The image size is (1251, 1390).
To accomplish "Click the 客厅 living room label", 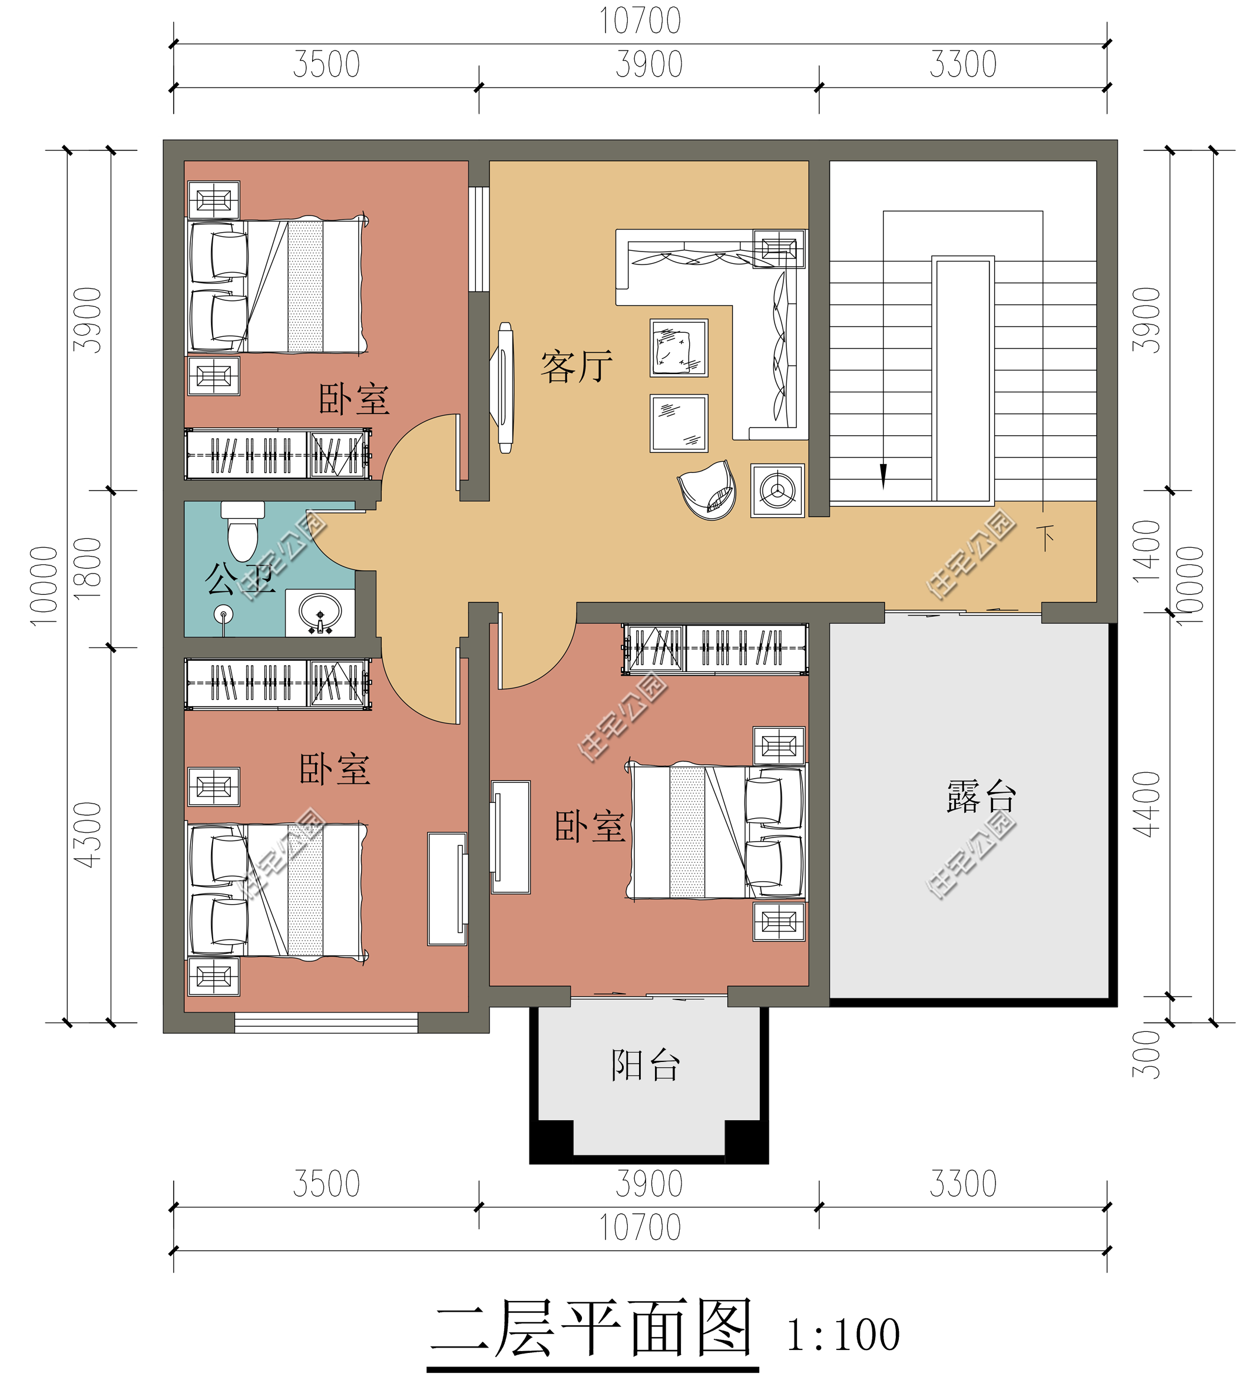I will pos(576,366).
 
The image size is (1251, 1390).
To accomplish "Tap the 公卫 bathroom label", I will pos(240,579).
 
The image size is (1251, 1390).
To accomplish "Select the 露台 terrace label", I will pos(981,797).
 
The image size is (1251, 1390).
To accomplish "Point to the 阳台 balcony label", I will pos(646,1065).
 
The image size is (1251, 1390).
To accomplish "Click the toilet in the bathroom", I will pos(242,531).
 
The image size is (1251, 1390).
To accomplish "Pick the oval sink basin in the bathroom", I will pos(320,610).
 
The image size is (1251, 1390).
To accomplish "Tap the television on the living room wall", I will pos(505,388).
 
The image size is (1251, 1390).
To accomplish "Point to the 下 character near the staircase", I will pos(1046,538).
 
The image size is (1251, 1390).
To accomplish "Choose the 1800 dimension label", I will pos(88,569).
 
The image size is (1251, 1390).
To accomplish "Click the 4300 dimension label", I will pos(88,835).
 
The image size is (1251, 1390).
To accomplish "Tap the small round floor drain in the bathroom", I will pos(223,614).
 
